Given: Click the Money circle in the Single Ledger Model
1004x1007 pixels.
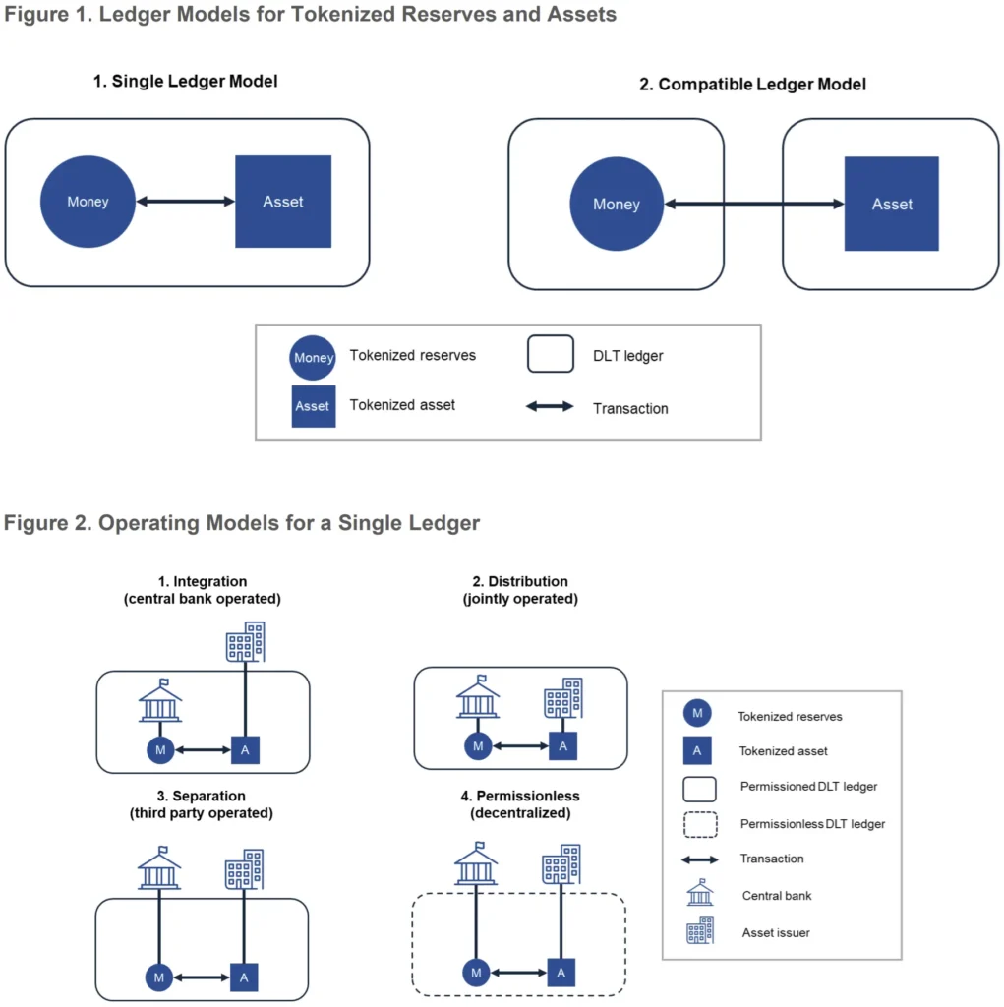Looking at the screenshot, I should [88, 202].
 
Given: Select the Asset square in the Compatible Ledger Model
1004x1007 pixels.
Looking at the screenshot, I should [892, 205].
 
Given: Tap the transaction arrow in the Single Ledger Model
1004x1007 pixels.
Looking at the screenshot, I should [185, 202].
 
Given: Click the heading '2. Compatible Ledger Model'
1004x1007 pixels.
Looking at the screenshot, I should [752, 85].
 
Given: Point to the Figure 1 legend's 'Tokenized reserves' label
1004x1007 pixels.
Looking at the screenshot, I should [412, 355].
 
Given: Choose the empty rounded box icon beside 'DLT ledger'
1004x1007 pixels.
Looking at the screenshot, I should [550, 355].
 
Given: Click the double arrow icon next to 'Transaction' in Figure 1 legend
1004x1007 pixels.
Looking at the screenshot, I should [550, 406].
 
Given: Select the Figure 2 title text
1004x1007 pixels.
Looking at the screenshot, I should [242, 523].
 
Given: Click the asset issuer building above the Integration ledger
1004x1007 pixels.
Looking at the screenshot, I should [245, 642].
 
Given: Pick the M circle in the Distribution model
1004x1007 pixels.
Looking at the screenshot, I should [478, 746].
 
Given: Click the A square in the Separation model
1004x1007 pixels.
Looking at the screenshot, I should [245, 977].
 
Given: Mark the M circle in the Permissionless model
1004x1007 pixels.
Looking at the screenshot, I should [476, 973].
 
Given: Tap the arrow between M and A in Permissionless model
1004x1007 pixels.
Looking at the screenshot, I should [519, 973].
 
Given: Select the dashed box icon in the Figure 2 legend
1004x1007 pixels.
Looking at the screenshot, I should [698, 822].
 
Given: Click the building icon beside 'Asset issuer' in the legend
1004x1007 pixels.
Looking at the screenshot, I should [699, 930].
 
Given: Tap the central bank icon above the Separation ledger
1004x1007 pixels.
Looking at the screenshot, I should [159, 869].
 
